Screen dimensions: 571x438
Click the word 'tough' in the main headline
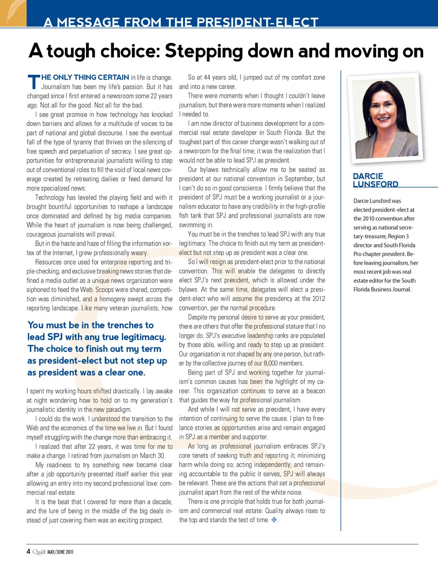[71, 52]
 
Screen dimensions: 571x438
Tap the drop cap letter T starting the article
[34, 82]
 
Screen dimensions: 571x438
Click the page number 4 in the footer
[28, 551]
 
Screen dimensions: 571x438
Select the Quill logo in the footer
[39, 552]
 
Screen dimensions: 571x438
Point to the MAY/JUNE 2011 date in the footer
[60, 552]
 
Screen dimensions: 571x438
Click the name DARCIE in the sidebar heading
[368, 176]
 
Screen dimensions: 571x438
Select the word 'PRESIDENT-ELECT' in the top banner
[265, 22]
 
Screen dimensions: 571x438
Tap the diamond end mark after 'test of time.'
[274, 520]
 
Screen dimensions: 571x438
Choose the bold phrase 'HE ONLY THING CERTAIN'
[85, 78]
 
